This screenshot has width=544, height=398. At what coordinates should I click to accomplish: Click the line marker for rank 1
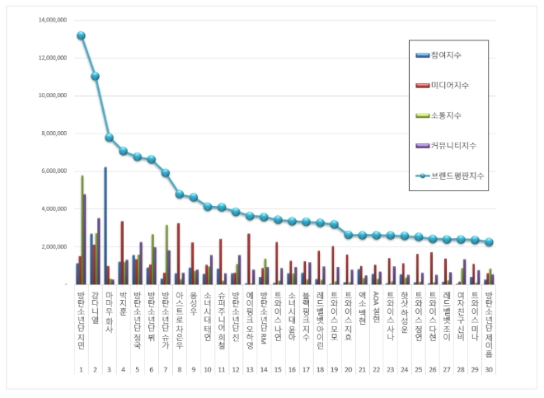(x=81, y=35)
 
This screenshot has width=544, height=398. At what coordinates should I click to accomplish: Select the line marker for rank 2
(x=96, y=76)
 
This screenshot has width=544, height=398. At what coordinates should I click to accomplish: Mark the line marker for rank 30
(x=489, y=242)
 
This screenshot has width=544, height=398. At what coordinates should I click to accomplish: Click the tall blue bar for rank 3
(x=106, y=226)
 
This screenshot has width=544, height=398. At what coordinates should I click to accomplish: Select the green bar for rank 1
(x=82, y=230)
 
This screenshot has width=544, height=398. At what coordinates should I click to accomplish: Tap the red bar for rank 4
(x=122, y=252)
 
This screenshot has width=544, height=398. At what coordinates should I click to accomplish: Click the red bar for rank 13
(x=249, y=259)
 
